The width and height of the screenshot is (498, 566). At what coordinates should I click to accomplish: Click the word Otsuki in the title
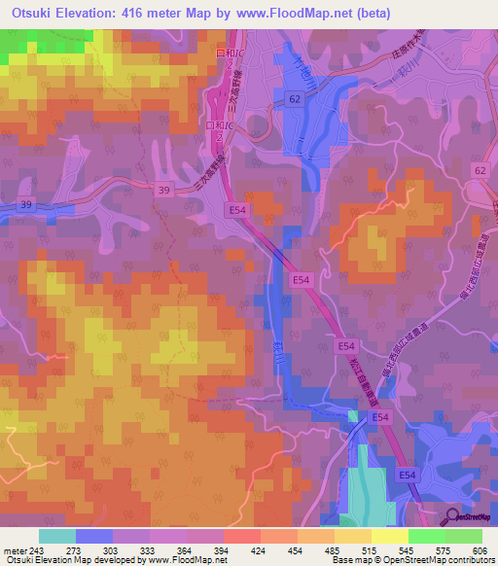click(28, 14)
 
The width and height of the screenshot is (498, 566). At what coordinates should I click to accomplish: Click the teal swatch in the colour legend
click(57, 537)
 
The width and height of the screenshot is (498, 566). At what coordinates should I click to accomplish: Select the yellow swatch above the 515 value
click(352, 537)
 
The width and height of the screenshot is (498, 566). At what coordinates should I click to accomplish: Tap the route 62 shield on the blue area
click(295, 99)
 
